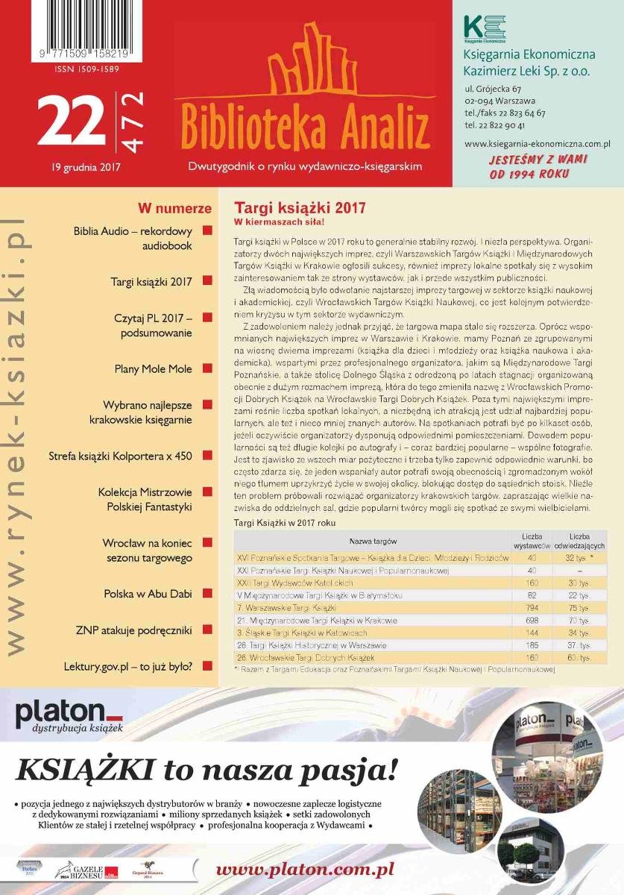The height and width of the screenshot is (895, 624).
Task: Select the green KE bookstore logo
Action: point(484,28)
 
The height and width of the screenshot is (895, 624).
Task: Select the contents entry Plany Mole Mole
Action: point(153,368)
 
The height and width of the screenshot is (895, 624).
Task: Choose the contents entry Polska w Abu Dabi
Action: point(148,594)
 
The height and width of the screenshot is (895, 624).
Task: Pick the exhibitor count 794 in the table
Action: point(532,608)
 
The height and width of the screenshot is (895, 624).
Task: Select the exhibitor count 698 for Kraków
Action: point(532,621)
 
